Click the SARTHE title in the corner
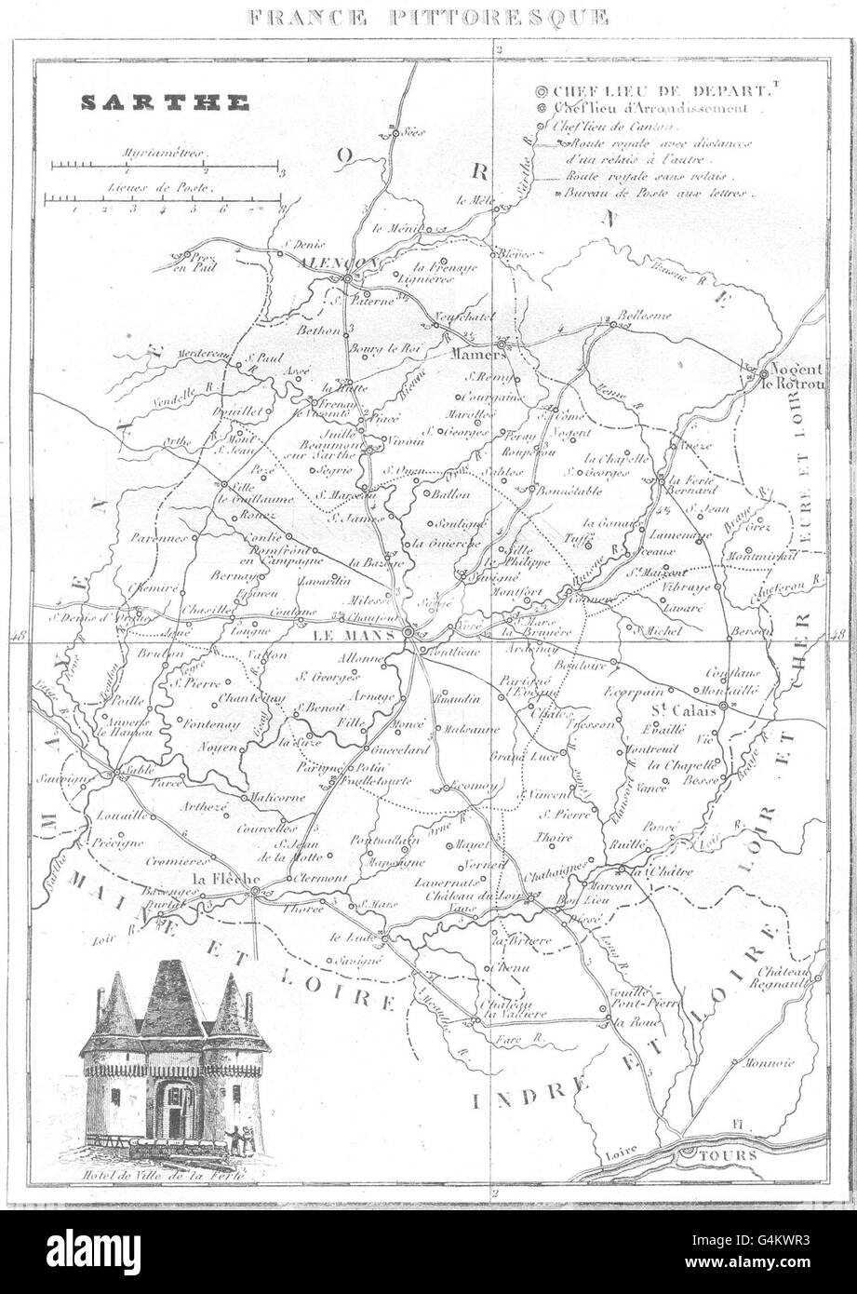pyautogui.click(x=165, y=103)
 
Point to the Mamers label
pyautogui.click(x=477, y=355)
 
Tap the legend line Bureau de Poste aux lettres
pyautogui.click(x=657, y=194)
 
